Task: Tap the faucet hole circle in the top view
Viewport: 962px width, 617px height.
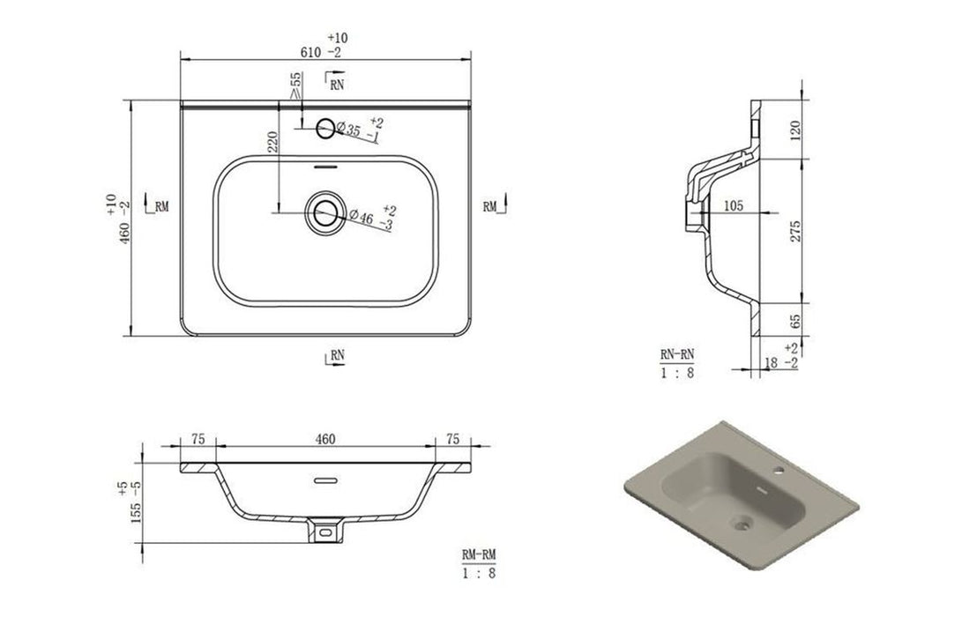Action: click(x=325, y=128)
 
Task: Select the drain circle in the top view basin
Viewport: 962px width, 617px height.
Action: click(x=325, y=212)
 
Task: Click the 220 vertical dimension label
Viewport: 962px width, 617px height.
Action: click(x=272, y=142)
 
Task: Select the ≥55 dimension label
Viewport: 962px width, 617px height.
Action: click(x=295, y=85)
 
